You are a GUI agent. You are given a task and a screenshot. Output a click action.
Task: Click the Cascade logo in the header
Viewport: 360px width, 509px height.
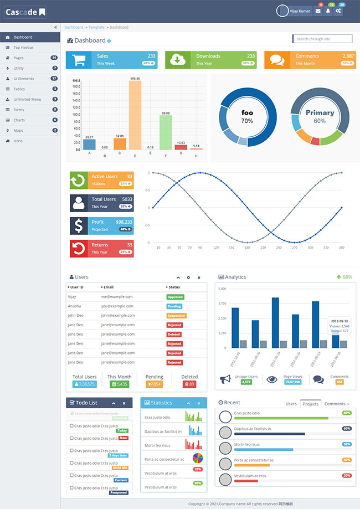25,12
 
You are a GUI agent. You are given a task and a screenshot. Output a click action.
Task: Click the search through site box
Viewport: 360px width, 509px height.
322,39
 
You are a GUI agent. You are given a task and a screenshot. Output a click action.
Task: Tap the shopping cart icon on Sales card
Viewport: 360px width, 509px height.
79,60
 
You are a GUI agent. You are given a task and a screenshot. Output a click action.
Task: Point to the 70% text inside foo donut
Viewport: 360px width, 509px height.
247,121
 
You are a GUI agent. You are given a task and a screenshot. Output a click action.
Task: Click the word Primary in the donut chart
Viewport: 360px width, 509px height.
320,112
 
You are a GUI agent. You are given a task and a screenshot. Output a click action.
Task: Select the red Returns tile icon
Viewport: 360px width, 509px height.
79,249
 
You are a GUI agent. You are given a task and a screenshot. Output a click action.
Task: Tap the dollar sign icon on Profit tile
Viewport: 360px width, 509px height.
79,225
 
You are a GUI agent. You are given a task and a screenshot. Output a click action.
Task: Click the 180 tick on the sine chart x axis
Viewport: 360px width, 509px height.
247,248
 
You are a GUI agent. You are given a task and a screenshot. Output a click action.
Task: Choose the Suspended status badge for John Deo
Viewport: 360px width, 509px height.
177,316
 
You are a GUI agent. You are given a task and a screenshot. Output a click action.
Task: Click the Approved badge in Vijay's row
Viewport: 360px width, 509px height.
176,297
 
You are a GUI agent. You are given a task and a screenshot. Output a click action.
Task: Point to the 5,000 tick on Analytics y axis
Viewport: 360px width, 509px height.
222,289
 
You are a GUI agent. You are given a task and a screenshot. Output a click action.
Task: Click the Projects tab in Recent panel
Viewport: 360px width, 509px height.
310,404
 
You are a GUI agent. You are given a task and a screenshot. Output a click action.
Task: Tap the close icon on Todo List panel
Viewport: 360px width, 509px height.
124,403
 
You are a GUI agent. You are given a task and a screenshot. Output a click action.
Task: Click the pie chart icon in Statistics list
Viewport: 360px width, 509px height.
198,458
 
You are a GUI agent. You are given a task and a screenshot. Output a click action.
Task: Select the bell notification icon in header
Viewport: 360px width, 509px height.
328,11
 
